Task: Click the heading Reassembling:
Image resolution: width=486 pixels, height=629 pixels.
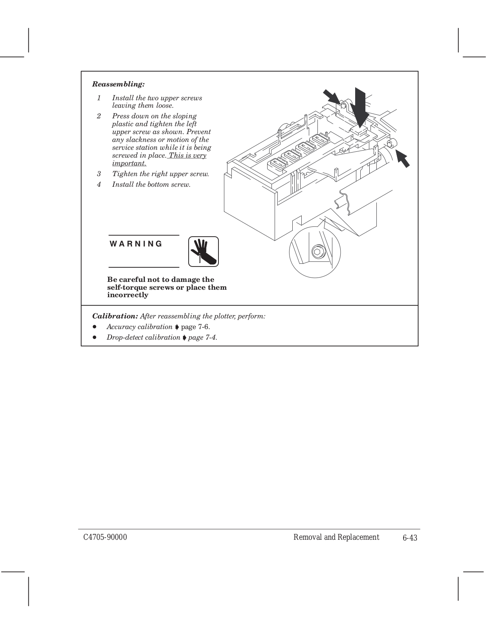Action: (118, 84)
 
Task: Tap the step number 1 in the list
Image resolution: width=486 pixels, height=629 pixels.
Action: (99, 98)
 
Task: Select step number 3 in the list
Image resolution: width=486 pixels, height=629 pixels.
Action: (99, 174)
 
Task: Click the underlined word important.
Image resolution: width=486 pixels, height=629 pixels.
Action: (129, 163)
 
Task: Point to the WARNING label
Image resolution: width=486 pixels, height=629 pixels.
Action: (136, 244)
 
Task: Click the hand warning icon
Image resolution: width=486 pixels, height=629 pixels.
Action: (203, 251)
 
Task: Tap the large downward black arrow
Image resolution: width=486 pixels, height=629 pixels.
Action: (360, 104)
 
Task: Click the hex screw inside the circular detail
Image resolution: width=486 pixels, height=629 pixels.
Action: (317, 252)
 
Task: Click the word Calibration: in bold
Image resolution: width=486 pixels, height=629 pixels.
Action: (115, 316)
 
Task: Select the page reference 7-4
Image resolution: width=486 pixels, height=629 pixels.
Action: (209, 337)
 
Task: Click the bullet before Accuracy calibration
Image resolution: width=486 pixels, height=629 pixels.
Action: (95, 327)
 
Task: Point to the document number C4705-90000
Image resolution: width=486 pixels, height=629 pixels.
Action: (105, 537)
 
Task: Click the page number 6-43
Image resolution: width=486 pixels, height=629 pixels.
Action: (409, 538)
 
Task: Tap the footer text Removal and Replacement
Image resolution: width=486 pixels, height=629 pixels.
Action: (336, 537)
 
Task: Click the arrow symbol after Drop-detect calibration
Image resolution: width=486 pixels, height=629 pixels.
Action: (184, 337)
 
